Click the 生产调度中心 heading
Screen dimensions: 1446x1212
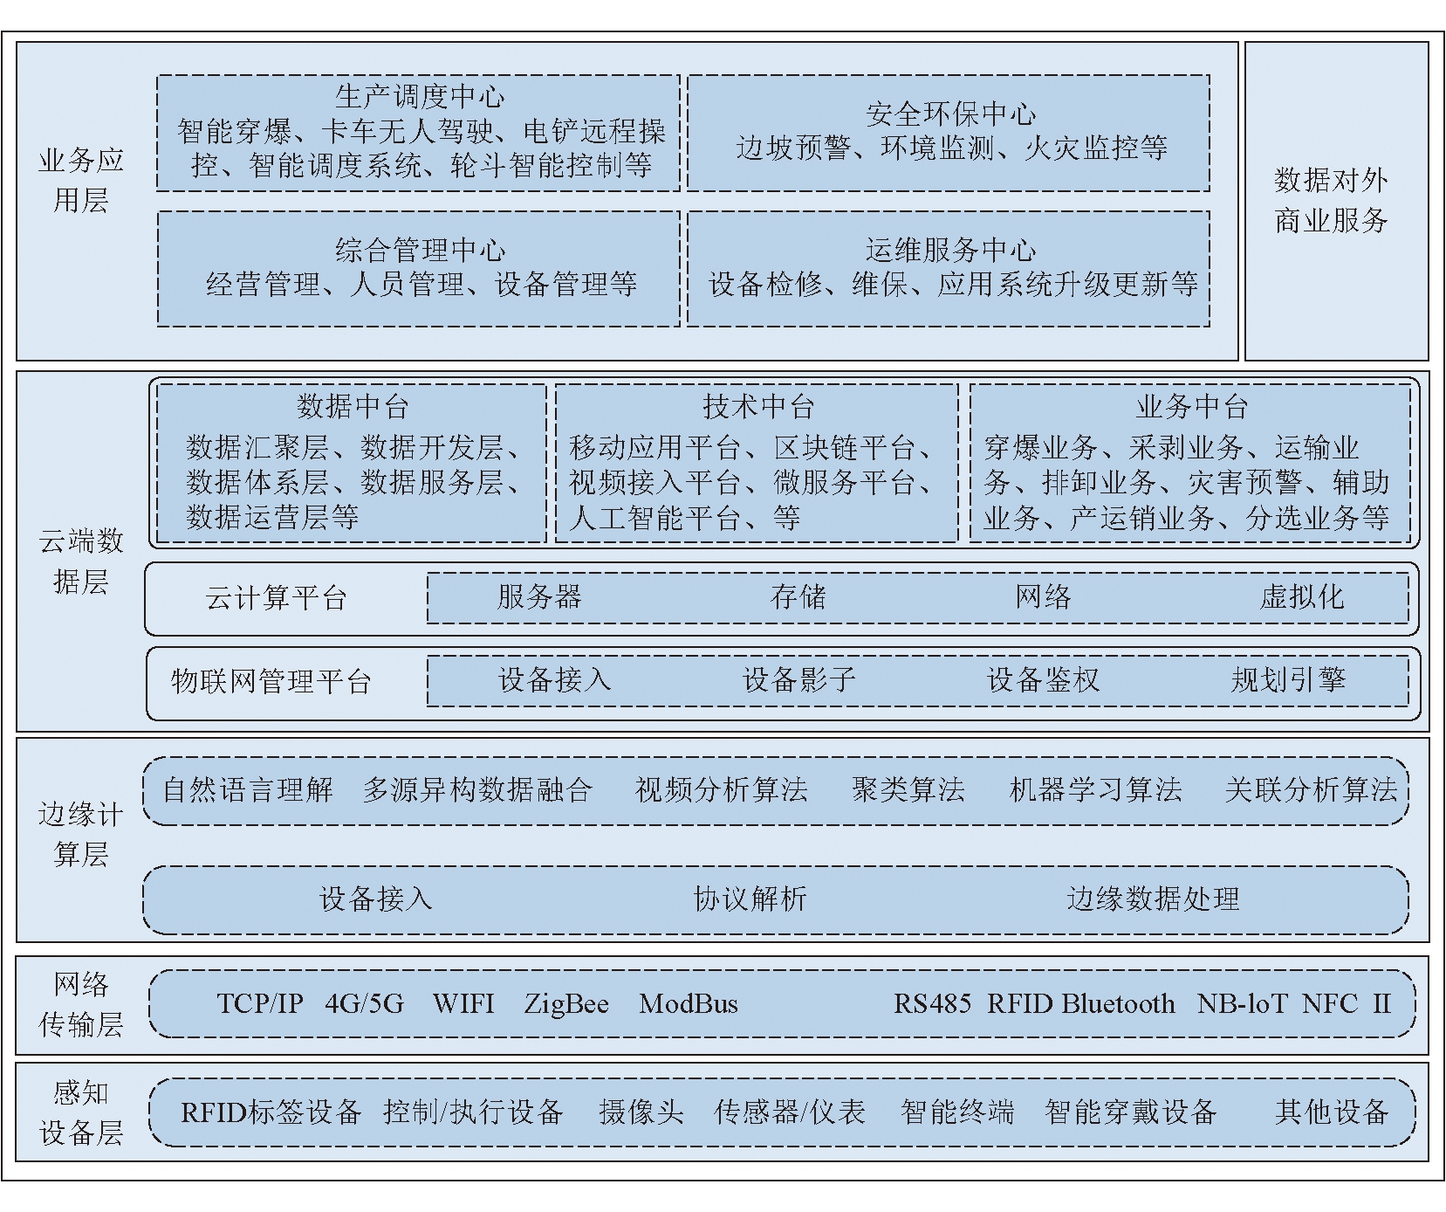point(420,96)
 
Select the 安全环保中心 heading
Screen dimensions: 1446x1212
point(950,114)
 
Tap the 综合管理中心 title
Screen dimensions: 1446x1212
point(420,251)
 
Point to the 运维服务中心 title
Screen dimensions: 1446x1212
point(950,251)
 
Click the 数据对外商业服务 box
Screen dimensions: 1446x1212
point(1336,201)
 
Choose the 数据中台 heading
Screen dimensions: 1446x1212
point(352,406)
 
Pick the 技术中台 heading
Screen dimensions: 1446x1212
point(757,406)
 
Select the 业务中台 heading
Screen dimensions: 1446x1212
point(1191,406)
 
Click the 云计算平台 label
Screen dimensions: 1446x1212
point(276,598)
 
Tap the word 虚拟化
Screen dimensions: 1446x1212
point(1301,597)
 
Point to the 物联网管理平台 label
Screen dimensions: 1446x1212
point(271,681)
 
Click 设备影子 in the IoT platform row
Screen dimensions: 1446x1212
point(798,680)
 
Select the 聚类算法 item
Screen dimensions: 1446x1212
point(908,790)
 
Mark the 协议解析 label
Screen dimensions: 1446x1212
point(750,899)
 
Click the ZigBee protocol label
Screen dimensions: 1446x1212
point(566,1004)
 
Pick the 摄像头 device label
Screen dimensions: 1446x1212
point(641,1112)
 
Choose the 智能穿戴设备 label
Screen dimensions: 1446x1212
point(1130,1112)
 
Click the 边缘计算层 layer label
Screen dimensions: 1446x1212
point(80,834)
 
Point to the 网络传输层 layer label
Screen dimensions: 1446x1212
point(80,1004)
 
